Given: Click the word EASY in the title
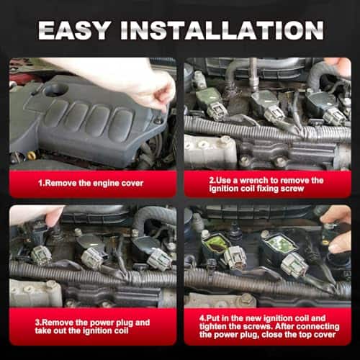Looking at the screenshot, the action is click(x=74, y=30).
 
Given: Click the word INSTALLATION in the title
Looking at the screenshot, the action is click(x=222, y=30).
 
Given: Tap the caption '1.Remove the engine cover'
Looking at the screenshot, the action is click(x=91, y=184).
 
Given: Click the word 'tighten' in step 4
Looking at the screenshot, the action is click(x=212, y=326).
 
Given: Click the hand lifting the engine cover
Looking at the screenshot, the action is click(x=144, y=81).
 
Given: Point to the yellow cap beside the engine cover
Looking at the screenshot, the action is click(x=31, y=156).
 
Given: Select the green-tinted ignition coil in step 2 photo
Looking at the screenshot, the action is click(x=208, y=99).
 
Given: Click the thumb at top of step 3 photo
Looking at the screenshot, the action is click(x=55, y=217).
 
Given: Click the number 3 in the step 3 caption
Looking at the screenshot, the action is click(x=37, y=323).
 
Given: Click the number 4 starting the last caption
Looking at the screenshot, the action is click(x=202, y=318).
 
